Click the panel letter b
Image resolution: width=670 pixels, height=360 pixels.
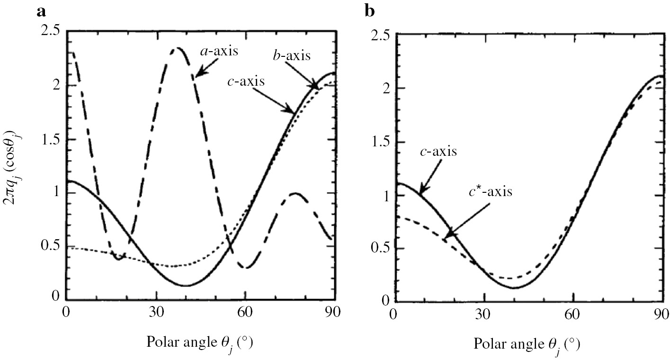click(x=370, y=11)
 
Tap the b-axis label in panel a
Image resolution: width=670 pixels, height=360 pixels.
click(x=292, y=55)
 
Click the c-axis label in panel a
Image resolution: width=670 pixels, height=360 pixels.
click(x=246, y=81)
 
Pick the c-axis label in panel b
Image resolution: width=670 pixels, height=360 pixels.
click(x=438, y=152)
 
